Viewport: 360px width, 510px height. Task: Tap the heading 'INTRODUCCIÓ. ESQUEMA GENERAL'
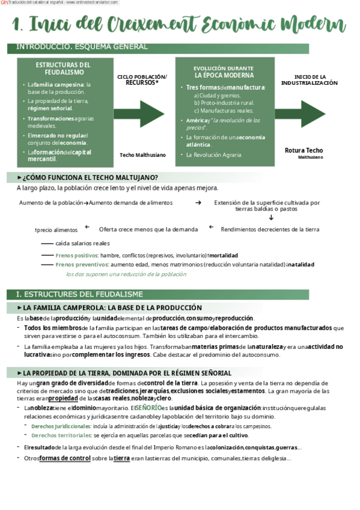tap(82, 47)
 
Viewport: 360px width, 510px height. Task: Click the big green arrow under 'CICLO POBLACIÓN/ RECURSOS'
tap(139, 114)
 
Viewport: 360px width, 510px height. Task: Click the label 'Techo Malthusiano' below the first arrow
tap(142, 155)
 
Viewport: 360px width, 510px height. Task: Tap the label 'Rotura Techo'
tap(304, 150)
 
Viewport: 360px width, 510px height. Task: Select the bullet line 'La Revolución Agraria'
tap(213, 155)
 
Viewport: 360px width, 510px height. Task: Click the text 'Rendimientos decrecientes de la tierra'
tap(270, 229)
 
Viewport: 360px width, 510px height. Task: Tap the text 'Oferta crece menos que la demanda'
tap(148, 229)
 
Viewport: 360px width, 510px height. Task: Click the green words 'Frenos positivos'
tap(77, 255)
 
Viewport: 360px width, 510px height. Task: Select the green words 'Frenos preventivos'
tap(81, 264)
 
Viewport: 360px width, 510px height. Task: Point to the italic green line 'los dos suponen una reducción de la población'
tap(126, 274)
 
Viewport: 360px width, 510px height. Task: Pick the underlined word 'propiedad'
tap(63, 398)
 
